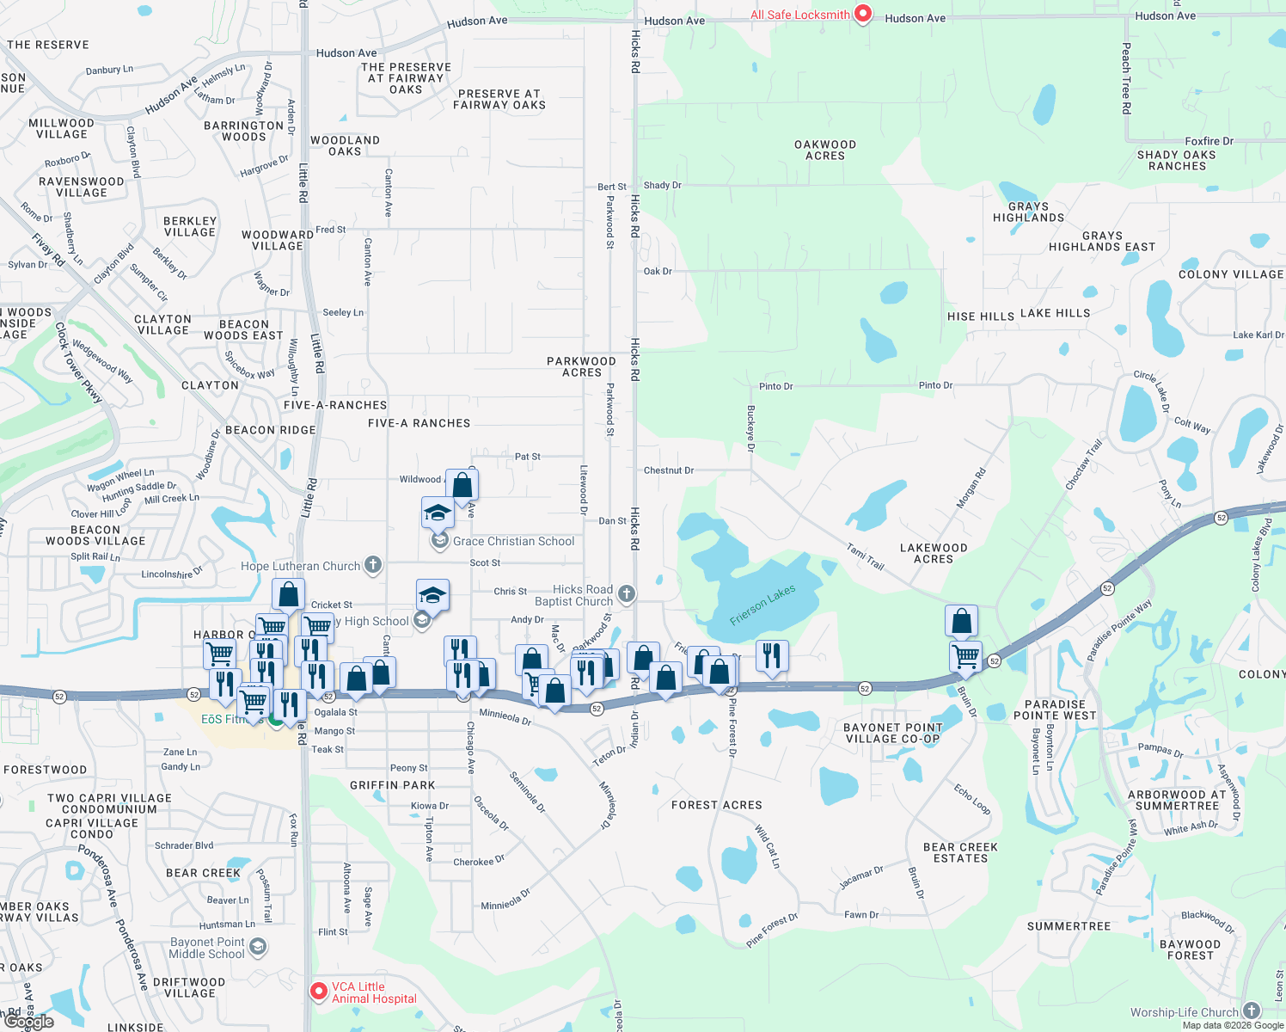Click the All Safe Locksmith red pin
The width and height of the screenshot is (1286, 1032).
click(863, 14)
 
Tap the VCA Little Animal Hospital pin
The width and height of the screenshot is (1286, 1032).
click(319, 992)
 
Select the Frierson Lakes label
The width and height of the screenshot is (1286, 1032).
click(762, 605)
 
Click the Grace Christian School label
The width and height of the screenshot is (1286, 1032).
click(513, 541)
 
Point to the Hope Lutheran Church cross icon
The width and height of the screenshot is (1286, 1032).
click(372, 565)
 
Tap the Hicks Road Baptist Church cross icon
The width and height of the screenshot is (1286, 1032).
click(627, 593)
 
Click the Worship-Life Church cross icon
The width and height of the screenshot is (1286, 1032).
click(1252, 1011)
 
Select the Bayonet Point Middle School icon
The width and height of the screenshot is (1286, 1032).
click(257, 947)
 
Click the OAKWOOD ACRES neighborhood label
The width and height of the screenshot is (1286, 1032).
click(825, 150)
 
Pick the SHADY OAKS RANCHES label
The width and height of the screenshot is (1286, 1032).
click(1177, 161)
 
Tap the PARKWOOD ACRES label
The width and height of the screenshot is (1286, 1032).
click(581, 367)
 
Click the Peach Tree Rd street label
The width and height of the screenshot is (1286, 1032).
click(1126, 78)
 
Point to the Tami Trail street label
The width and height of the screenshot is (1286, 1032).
click(865, 556)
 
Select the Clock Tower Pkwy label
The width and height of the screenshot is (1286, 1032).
click(78, 362)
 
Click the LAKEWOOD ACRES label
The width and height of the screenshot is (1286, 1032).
click(934, 553)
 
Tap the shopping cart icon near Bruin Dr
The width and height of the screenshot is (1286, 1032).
click(966, 656)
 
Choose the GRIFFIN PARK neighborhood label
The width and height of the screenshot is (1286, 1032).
click(393, 785)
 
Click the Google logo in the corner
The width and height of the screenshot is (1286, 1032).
click(28, 1022)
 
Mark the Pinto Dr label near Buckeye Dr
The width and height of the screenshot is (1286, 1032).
click(775, 386)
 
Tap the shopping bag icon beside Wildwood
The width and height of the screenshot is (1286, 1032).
click(462, 485)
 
